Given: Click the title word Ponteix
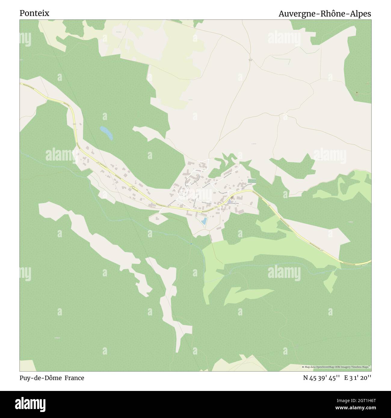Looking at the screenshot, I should [x=34, y=13].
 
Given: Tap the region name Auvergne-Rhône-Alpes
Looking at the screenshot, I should [x=325, y=14].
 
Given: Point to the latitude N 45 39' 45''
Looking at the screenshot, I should [x=322, y=378].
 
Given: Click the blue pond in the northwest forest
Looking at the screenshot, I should [x=106, y=133].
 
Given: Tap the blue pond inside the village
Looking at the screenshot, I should [x=204, y=222].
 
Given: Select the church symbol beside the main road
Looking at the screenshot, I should [x=232, y=197].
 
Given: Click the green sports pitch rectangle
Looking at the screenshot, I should [x=252, y=181].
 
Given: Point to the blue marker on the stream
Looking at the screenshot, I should [x=191, y=244].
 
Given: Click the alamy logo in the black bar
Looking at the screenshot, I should [x=30, y=403].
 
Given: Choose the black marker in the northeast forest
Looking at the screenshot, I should [x=357, y=93].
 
